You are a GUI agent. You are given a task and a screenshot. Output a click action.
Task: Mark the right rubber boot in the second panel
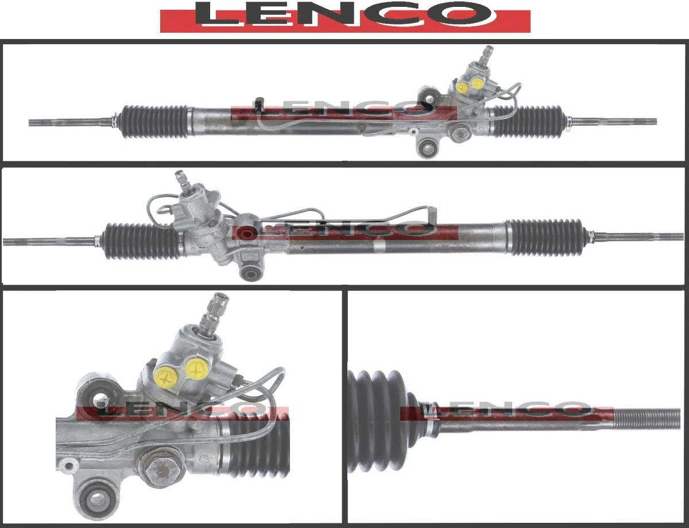tap(545, 236)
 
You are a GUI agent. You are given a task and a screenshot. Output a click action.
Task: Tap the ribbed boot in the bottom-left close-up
tap(258, 448)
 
